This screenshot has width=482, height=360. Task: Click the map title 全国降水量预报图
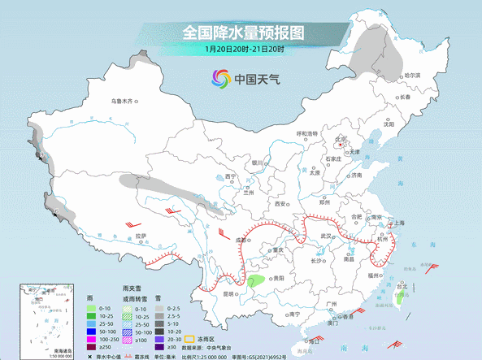coord(242,33)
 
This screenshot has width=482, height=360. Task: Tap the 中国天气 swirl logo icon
coord(221,79)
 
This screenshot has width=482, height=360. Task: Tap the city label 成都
coord(241,241)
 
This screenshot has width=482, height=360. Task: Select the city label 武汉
coord(327,236)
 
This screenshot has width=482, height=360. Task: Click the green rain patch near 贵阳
coord(256,281)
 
